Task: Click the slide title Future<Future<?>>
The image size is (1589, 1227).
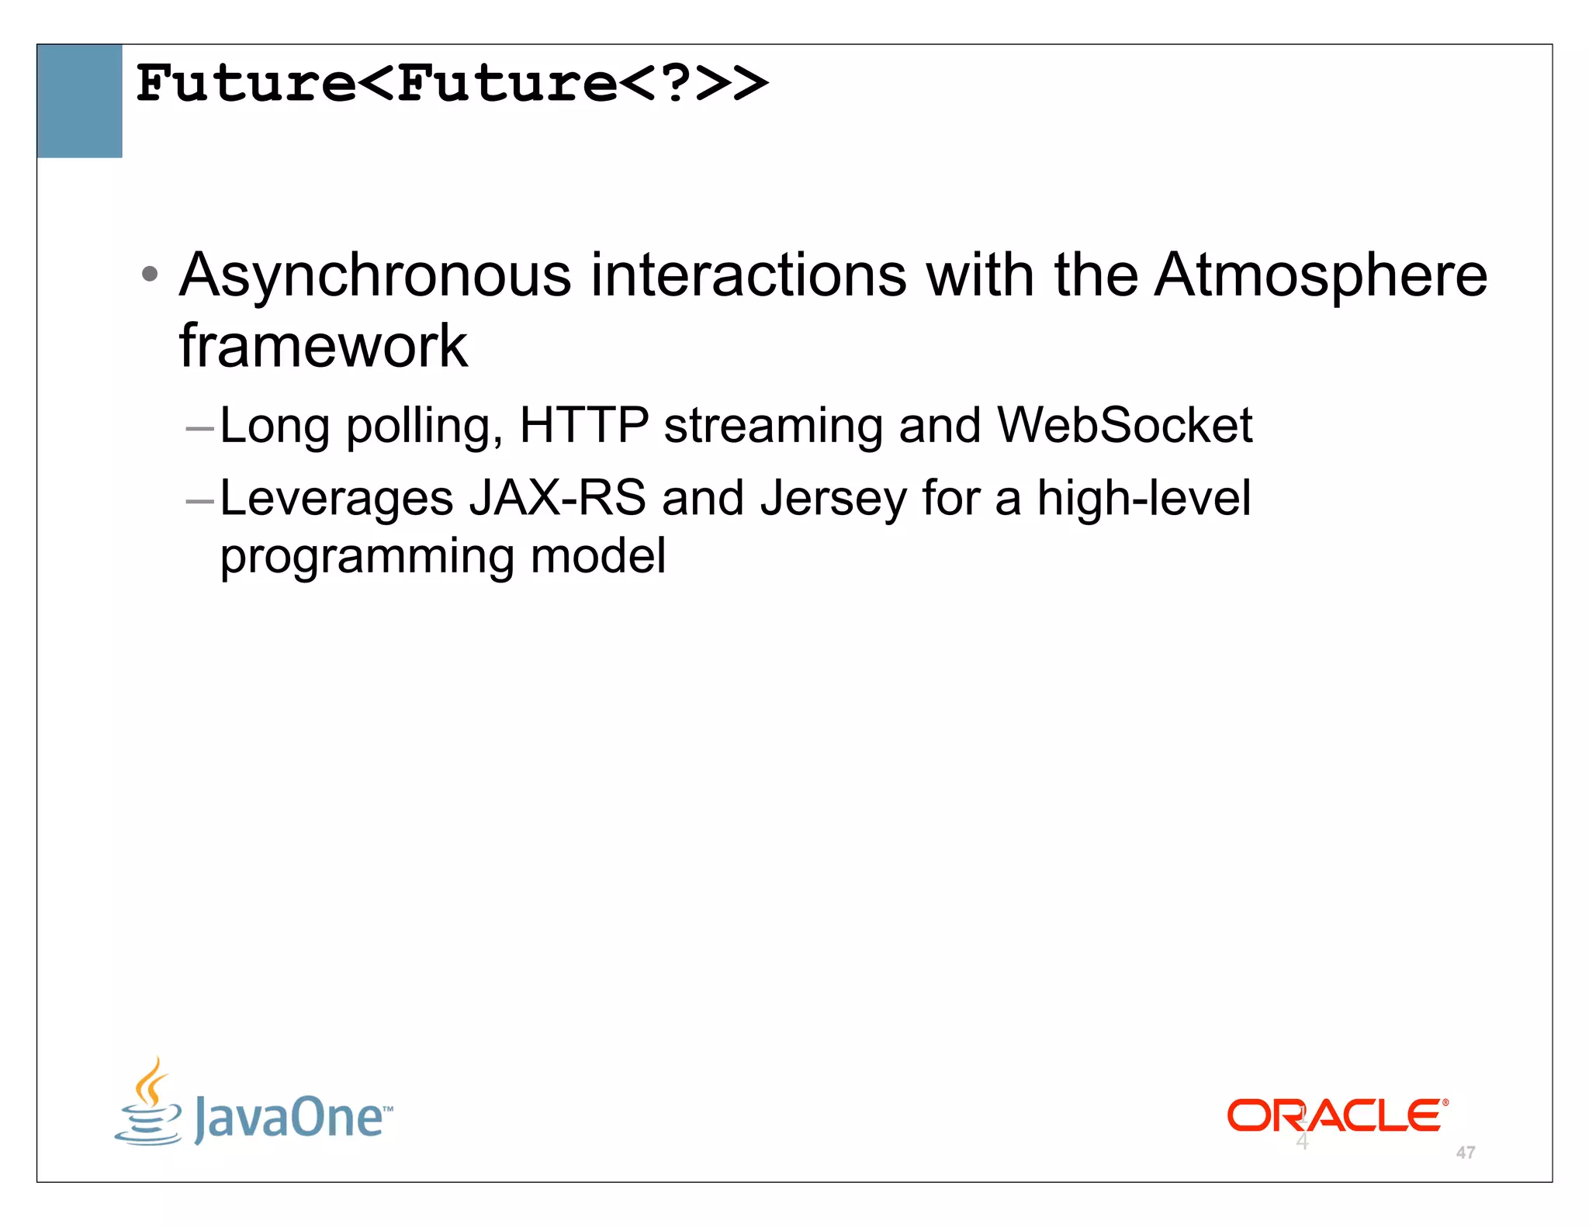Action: point(452,84)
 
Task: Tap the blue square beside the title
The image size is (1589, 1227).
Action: point(79,101)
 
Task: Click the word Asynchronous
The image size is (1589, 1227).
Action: point(376,275)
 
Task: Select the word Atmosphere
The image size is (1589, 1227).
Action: point(1321,275)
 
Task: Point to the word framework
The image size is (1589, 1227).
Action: point(323,346)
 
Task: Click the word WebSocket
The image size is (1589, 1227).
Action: point(1124,425)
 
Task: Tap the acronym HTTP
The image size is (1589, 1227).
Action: point(583,425)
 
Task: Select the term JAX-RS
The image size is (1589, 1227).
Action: point(557,497)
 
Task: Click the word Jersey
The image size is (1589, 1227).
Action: point(833,499)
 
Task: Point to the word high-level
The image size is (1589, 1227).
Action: point(1144,497)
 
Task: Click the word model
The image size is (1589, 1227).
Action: point(597,555)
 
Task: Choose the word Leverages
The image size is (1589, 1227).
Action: point(337,499)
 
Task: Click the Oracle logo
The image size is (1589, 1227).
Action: point(1337,1115)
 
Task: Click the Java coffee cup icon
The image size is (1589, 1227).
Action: point(149,1101)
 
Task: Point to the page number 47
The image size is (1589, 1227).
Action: point(1465,1153)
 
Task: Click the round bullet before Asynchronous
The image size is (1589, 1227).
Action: point(151,274)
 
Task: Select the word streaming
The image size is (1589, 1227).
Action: point(773,427)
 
